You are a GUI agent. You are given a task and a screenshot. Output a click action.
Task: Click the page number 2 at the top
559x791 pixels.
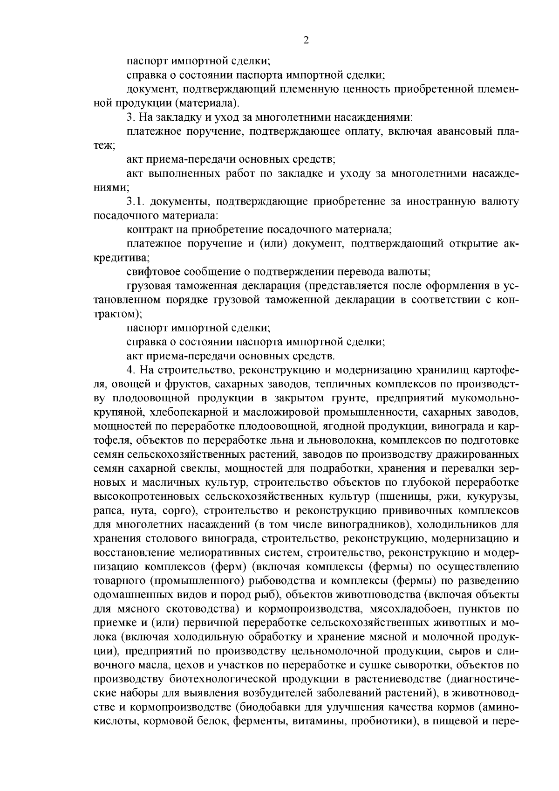pos(306,41)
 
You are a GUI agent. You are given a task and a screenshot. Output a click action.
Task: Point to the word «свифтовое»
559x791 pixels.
pos(153,271)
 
